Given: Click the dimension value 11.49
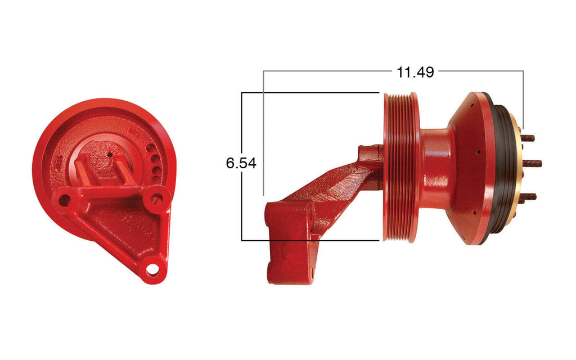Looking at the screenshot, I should point(415,72).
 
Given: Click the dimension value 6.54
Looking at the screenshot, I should point(241,163).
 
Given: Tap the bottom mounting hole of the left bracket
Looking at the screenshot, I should point(152,269).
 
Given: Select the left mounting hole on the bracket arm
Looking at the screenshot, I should point(65,199).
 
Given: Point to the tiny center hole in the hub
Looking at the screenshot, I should point(111,155).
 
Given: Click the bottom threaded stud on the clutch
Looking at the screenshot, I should point(528,196).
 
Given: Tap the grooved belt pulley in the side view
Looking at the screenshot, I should point(400,167).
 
